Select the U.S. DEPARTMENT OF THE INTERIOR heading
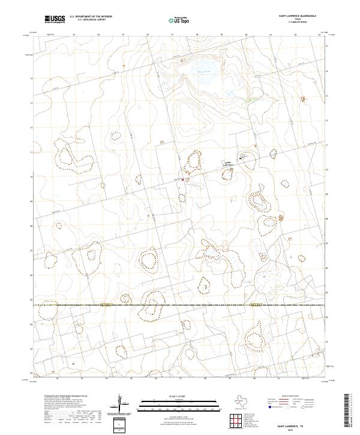point(91,17)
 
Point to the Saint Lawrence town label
point(228,164)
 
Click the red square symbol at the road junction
point(183,178)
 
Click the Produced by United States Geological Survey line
point(65,397)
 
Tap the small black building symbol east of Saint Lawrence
point(242,157)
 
